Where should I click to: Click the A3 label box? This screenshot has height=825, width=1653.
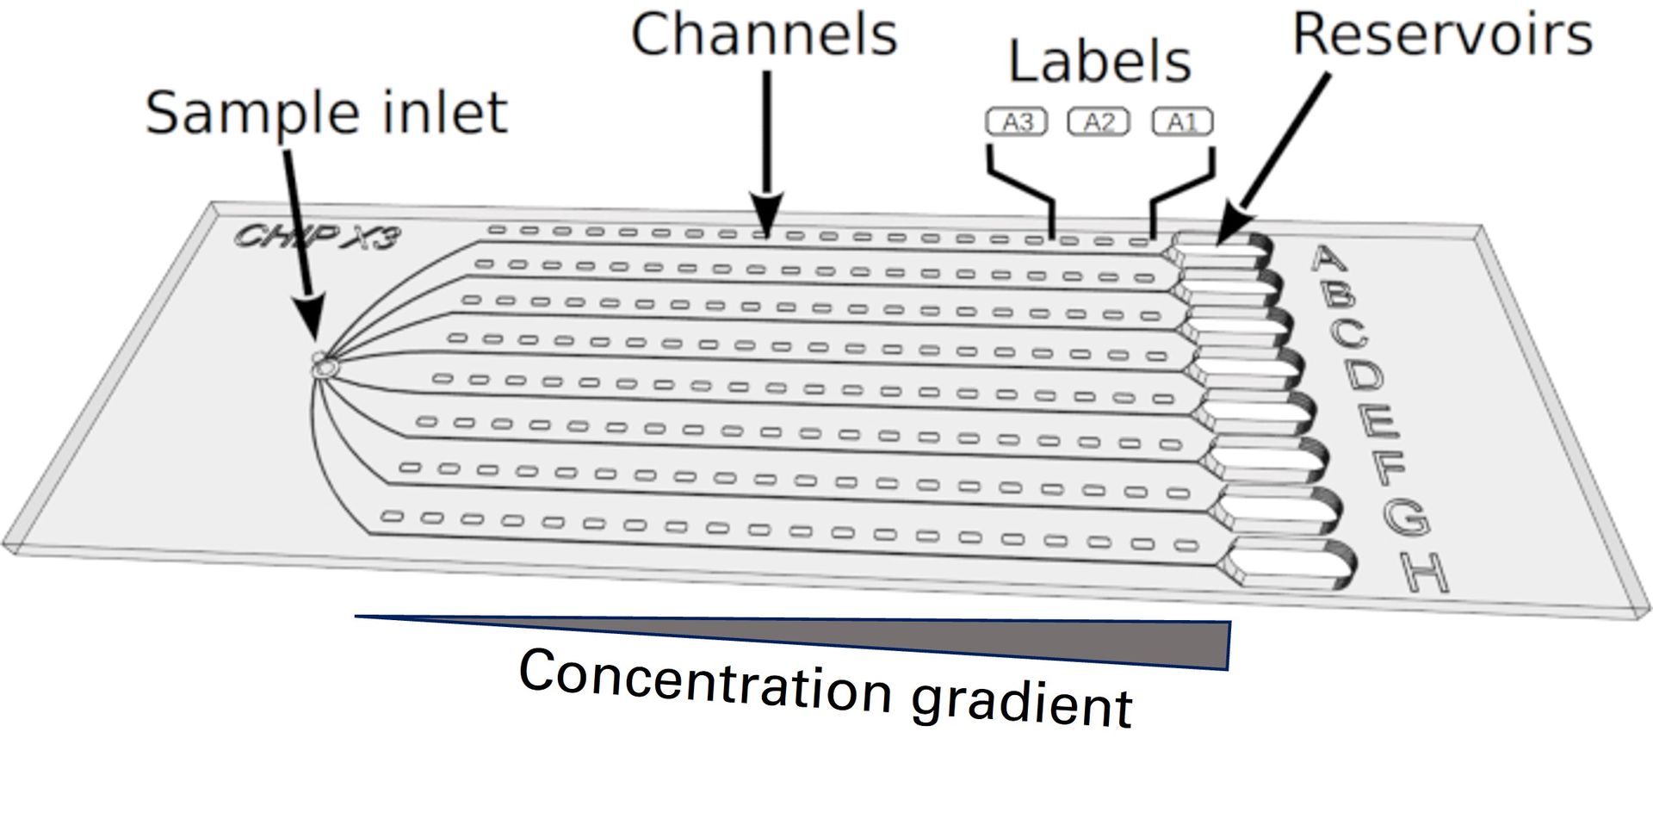1017,122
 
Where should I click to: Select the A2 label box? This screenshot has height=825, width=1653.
1099,122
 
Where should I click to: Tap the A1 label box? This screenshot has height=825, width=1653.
1182,122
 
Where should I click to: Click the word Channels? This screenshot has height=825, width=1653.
764,35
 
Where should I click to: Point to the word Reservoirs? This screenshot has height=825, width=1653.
1442,35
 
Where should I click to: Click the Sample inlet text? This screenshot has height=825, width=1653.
326,113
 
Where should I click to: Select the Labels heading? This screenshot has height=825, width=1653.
1099,62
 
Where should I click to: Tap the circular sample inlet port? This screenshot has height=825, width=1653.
325,368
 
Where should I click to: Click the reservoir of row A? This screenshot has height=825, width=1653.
1220,249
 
